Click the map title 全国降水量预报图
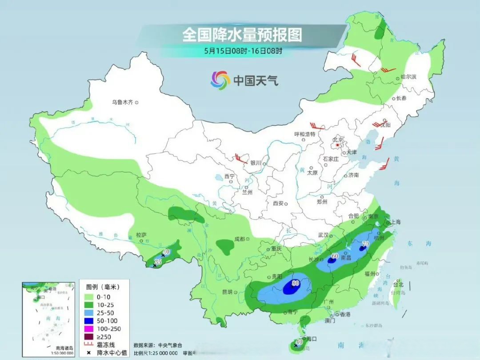tap(242, 35)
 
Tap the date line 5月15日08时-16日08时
tap(243, 51)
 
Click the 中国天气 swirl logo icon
tap(220, 80)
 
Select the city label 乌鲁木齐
tap(122, 102)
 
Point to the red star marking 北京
tap(338, 145)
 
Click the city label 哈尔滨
tap(408, 77)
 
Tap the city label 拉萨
tap(141, 235)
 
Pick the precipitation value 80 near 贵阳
tap(295, 282)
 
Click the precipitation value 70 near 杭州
tap(366, 244)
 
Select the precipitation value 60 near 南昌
tap(335, 256)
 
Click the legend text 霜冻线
tap(106, 344)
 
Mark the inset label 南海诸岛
tap(64, 348)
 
